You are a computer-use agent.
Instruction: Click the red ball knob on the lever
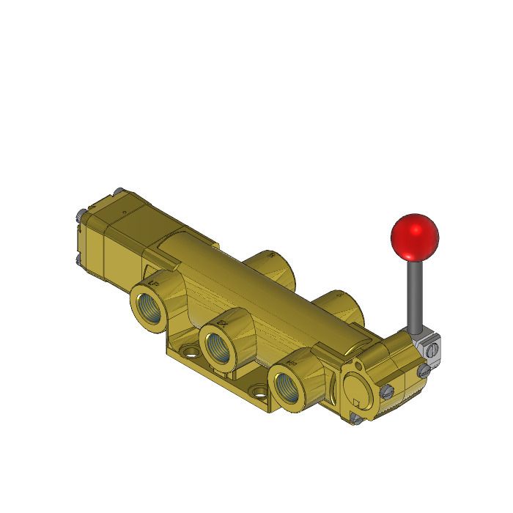pyautogui.click(x=415, y=235)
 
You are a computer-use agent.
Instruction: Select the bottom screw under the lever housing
pyautogui.click(x=357, y=419)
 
